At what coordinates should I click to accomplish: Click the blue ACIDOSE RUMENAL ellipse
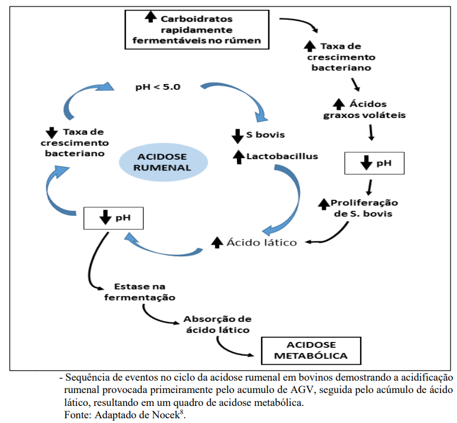click(x=162, y=161)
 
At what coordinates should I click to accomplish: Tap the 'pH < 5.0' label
click(x=157, y=86)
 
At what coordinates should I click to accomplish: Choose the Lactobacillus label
click(x=282, y=156)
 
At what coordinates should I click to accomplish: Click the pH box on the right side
click(x=375, y=163)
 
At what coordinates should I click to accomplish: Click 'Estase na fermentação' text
click(x=139, y=292)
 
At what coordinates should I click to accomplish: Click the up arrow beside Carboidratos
click(x=151, y=18)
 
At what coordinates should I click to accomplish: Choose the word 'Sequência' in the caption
click(x=88, y=377)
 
